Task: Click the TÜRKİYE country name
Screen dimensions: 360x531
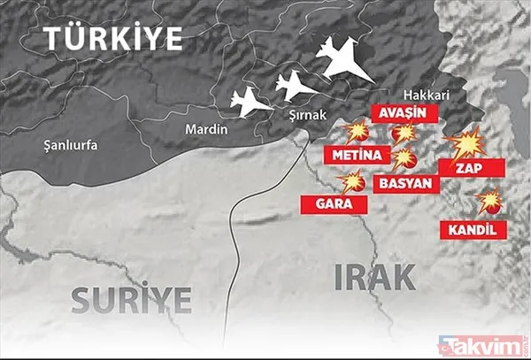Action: coord(114,39)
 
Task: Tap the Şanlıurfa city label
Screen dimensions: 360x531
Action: coord(73,144)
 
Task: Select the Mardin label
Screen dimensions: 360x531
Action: coord(205,130)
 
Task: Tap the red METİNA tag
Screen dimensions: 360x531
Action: coord(358,156)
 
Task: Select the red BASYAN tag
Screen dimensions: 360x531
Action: coord(406,183)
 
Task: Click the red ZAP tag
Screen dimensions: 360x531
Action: coord(473,166)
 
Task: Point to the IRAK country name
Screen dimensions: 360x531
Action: coord(375,278)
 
